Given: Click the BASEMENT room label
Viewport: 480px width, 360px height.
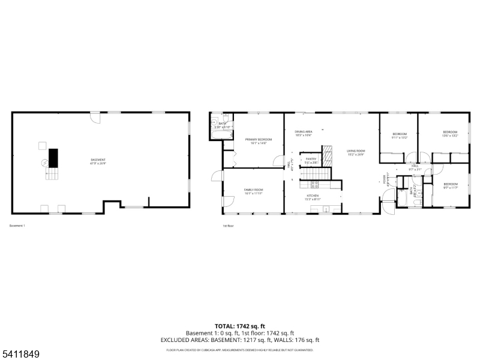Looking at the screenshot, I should (98, 160).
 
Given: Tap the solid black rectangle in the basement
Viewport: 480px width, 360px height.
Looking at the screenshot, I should (53, 158).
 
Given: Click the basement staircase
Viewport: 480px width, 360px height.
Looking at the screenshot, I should (52, 174).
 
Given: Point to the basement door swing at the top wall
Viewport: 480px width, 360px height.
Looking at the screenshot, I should (95, 117).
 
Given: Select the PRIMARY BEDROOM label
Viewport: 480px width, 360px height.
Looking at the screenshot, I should (259, 140).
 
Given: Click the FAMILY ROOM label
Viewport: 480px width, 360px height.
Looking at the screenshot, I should (254, 190).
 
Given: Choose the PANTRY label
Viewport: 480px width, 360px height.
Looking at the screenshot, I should (311, 160).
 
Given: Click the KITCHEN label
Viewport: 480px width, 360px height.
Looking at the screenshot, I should (313, 196).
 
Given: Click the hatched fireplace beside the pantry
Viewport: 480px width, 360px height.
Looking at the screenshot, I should (328, 156).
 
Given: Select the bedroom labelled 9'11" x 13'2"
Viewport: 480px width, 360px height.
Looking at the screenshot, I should (400, 134).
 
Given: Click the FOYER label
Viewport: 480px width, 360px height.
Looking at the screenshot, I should (385, 179).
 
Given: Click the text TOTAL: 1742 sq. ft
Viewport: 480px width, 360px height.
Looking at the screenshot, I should (239, 326).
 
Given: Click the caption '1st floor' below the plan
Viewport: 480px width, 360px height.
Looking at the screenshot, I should (229, 226).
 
